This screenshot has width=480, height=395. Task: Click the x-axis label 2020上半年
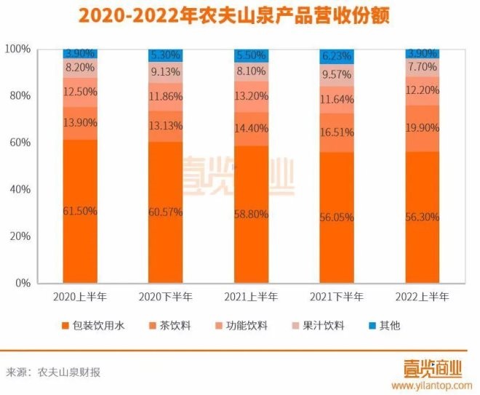80,297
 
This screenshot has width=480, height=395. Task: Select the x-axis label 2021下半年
337,297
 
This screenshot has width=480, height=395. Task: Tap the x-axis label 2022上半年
423,297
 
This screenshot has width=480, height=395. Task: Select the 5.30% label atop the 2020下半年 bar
166,55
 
